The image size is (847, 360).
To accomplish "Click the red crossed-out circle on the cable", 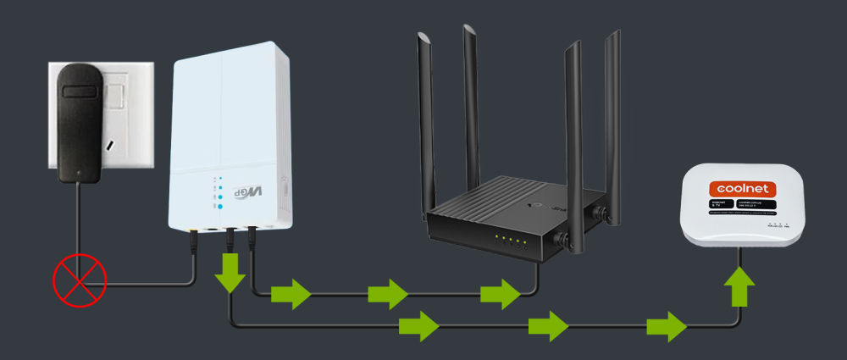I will (79, 277).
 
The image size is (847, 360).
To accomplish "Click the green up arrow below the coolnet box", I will (741, 285).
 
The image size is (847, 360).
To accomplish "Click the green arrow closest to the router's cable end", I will (500, 295).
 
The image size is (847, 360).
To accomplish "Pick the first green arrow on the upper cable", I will (291, 295).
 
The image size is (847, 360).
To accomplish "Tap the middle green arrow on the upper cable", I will (388, 295).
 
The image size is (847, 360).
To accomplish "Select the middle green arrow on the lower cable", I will (548, 324).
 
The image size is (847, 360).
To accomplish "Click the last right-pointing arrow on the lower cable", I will (666, 324).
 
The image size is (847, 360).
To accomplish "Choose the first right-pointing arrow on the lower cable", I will (418, 324).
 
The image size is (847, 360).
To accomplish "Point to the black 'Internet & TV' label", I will (715, 207).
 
